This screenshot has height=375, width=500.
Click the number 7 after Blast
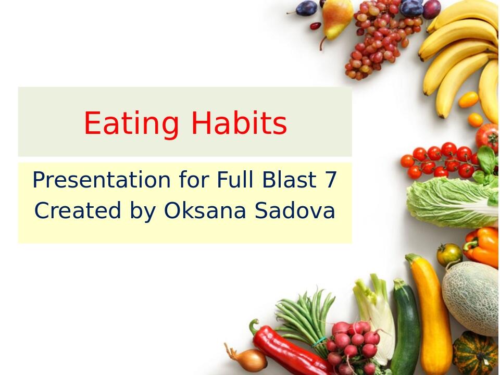[331, 181]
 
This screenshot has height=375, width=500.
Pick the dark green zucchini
[405, 328]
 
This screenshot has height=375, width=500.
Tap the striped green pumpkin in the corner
[477, 354]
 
